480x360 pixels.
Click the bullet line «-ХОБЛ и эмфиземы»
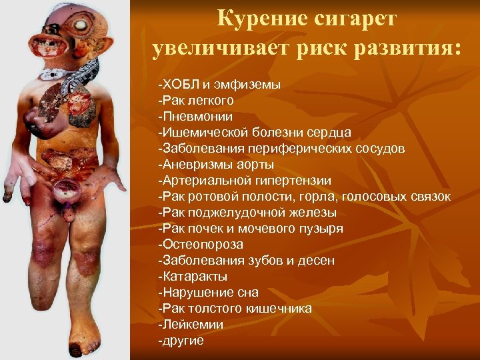pos(219,85)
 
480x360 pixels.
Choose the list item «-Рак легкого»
pos(195,101)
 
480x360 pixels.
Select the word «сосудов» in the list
pos(379,149)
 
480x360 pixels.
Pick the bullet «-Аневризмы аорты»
pos(216,165)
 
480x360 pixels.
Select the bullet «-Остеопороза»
pos(200,245)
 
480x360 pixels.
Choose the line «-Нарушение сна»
pos(208,293)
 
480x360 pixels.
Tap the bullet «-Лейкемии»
pos(191,325)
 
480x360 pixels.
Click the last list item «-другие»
pos(181,341)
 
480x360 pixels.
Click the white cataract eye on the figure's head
pos(82,26)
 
